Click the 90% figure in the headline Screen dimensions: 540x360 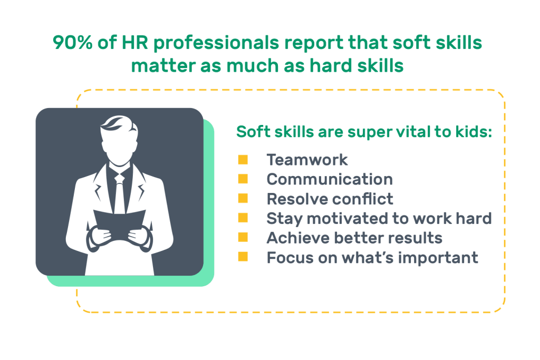coord(73,43)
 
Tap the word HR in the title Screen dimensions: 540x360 coord(134,43)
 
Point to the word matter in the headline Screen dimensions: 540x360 coord(163,66)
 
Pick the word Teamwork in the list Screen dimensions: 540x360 coord(307,160)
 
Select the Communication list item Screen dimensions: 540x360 coord(330,179)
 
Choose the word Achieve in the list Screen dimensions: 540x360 coord(298,238)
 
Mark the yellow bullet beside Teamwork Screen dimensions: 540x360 coord(243,160)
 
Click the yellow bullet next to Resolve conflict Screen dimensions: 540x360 coord(243,199)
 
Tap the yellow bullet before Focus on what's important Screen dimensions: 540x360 coord(243,257)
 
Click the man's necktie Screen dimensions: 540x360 coord(120,193)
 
